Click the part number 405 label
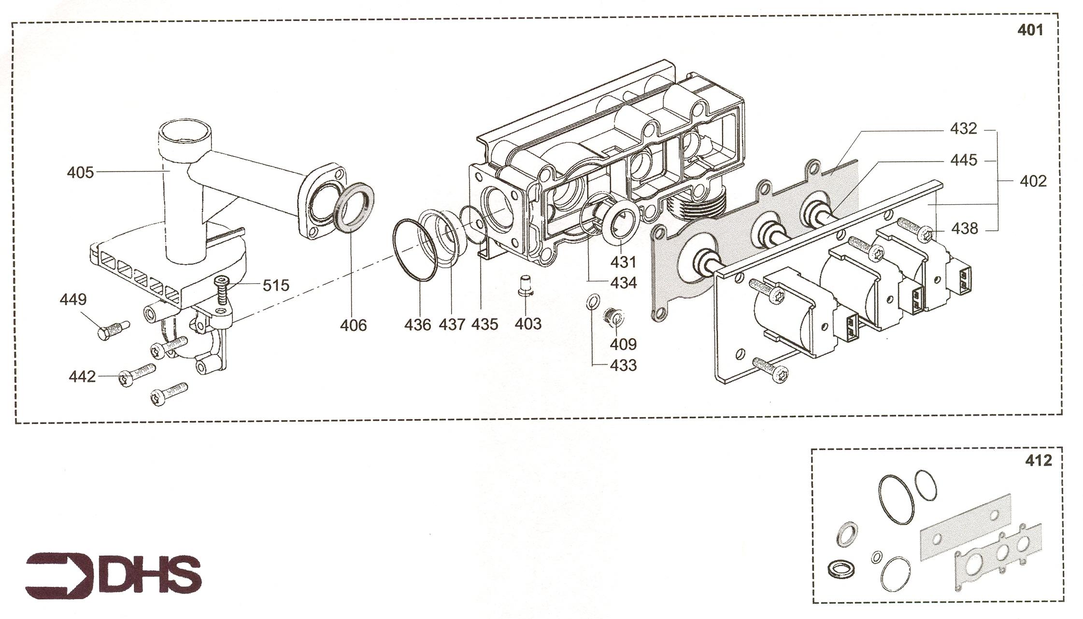point(80,172)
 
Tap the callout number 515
point(276,285)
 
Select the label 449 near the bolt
point(73,299)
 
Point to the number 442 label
point(82,377)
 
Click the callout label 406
point(353,325)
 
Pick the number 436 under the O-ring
point(417,324)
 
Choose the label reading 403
point(528,324)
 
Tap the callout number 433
point(623,365)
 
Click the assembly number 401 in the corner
point(1030,30)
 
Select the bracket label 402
point(1033,182)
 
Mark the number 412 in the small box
point(1038,461)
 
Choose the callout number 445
point(963,160)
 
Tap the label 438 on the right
point(964,228)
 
